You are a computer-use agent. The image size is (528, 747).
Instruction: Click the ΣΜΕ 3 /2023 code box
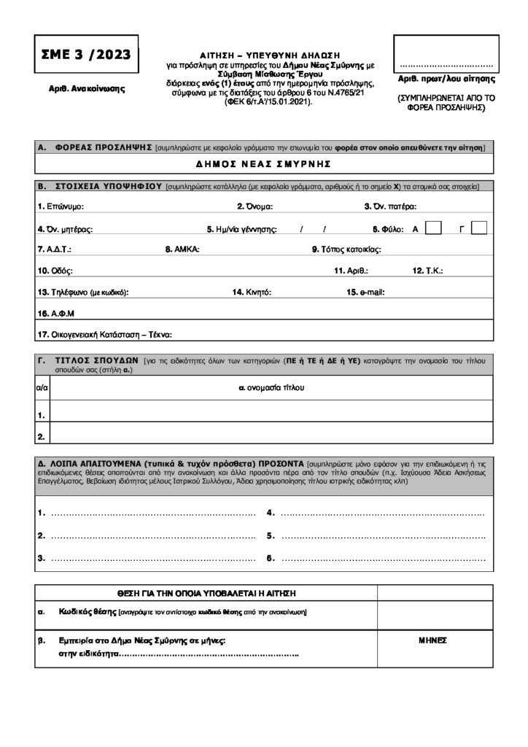[x=85, y=53]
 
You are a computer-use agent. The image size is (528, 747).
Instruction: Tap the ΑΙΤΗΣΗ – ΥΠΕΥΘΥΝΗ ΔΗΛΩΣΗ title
[x=270, y=55]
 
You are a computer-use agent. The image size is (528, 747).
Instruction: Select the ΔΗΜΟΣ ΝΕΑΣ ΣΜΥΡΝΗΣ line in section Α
[x=264, y=163]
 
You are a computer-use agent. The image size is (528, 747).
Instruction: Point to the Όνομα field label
[x=255, y=206]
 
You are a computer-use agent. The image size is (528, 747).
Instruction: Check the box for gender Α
[x=432, y=228]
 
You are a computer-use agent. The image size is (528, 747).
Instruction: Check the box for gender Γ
[x=479, y=228]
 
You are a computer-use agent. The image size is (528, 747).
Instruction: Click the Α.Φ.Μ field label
[x=56, y=314]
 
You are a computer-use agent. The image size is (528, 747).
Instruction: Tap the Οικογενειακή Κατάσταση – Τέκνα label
[x=104, y=335]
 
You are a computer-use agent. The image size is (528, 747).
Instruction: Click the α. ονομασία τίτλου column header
[x=271, y=387]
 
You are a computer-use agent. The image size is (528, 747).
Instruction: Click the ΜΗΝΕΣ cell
[x=432, y=640]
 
